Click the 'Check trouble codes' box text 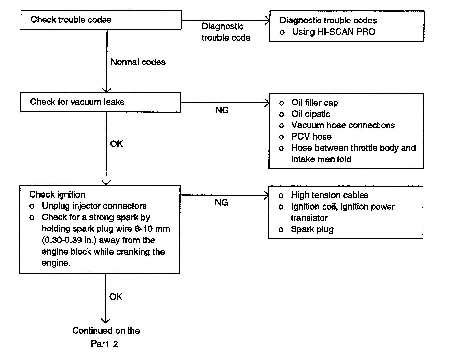click(x=71, y=20)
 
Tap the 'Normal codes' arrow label click(x=138, y=62)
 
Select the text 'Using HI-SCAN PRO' click(x=334, y=32)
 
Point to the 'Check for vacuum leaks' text click(x=77, y=102)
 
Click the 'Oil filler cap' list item click(x=315, y=103)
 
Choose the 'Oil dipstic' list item click(x=311, y=114)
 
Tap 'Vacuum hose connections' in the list click(x=343, y=125)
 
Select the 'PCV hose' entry click(x=311, y=137)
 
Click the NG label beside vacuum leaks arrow click(x=222, y=110)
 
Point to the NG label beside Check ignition click(x=221, y=202)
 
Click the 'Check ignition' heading click(x=57, y=195)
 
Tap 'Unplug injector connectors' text click(x=94, y=206)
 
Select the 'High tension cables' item click(x=330, y=195)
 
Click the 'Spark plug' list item click(x=312, y=229)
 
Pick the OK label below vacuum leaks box click(x=117, y=144)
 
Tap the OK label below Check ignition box click(x=116, y=297)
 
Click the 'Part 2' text click(x=104, y=344)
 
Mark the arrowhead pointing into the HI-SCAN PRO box click(x=267, y=21)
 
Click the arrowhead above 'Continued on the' click(x=105, y=320)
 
